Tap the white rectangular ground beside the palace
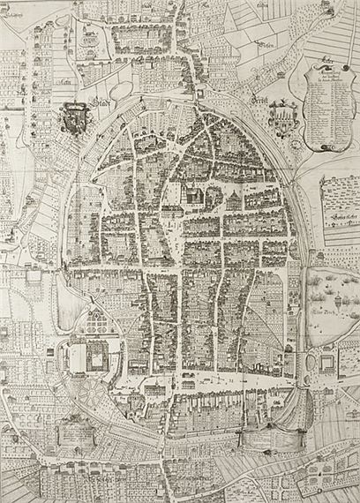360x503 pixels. tap(75, 357)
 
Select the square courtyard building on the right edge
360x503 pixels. tap(328, 361)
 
